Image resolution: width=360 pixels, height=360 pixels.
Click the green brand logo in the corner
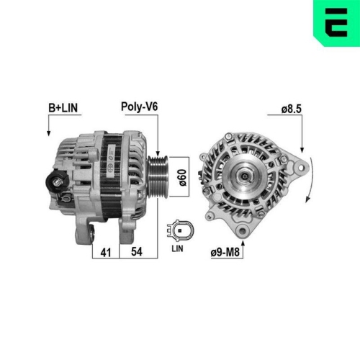pos(336,22)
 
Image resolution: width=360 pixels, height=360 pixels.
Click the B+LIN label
pos(63,108)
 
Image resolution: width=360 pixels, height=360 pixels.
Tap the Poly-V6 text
pos(138,108)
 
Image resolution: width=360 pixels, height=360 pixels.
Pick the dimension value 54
pos(136,253)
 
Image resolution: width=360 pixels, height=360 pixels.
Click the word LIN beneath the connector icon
pos(179,249)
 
